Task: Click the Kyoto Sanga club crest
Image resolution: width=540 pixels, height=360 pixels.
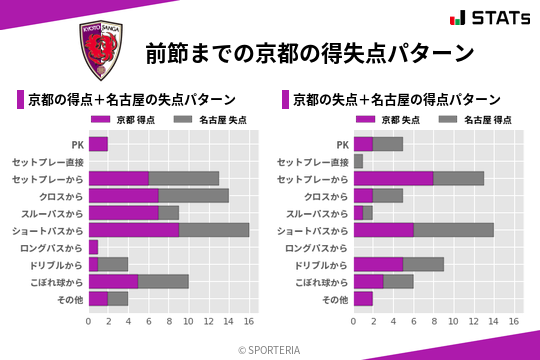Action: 100,53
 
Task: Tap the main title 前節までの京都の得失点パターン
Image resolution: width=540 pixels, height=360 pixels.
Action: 309,53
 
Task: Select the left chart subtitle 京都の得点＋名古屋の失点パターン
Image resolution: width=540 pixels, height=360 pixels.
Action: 131,99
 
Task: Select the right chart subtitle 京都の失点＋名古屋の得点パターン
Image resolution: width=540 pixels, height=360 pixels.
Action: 396,99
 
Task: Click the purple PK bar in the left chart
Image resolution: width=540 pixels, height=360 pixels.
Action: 98,144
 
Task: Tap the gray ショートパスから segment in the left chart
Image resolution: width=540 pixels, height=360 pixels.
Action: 214,230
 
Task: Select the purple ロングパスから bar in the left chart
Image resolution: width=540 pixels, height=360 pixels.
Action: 93,247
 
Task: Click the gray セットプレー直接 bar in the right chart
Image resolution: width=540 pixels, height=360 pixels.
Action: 358,161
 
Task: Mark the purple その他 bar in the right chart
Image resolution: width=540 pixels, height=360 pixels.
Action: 363,298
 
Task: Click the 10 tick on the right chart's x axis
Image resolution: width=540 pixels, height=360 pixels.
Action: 454,322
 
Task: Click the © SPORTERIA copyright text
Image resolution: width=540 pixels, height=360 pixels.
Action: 270,349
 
